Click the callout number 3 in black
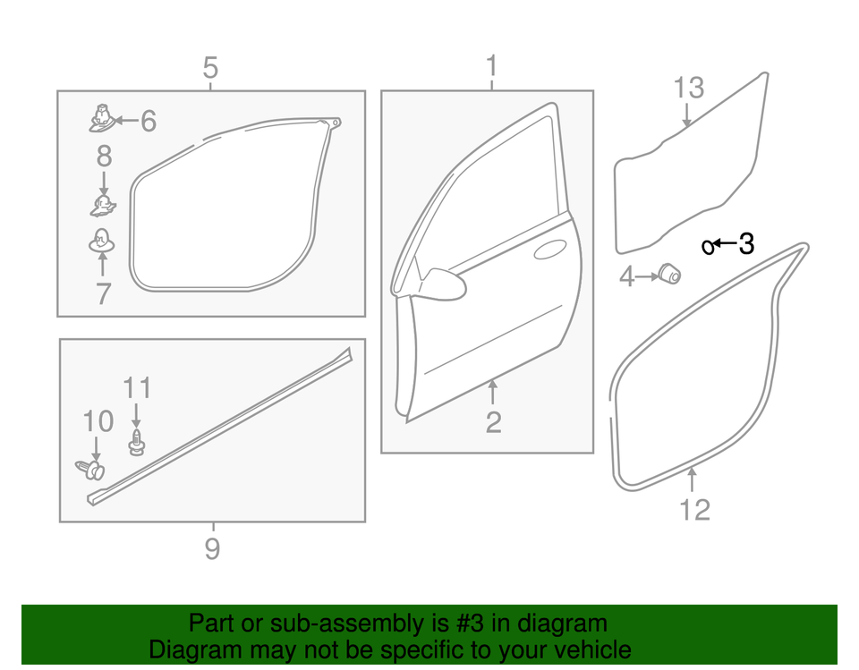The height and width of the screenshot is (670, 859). pyautogui.click(x=746, y=243)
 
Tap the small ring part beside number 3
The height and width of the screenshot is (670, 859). pyautogui.click(x=707, y=246)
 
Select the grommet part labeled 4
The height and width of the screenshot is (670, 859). pyautogui.click(x=669, y=273)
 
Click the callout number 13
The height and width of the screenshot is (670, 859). pyautogui.click(x=688, y=89)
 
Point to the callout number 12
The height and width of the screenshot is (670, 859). pyautogui.click(x=694, y=510)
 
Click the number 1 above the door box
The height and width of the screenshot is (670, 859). pyautogui.click(x=491, y=66)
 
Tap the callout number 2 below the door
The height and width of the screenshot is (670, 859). pyautogui.click(x=493, y=422)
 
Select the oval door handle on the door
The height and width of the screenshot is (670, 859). pyautogui.click(x=549, y=251)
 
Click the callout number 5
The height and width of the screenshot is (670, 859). pyautogui.click(x=210, y=67)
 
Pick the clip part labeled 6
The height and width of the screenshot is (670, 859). pyautogui.click(x=103, y=117)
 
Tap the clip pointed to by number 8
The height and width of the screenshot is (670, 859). pyautogui.click(x=103, y=207)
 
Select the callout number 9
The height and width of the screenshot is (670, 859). pyautogui.click(x=212, y=548)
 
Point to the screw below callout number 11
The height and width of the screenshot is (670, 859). pyautogui.click(x=136, y=441)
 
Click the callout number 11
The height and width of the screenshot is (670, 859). pyautogui.click(x=137, y=388)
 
